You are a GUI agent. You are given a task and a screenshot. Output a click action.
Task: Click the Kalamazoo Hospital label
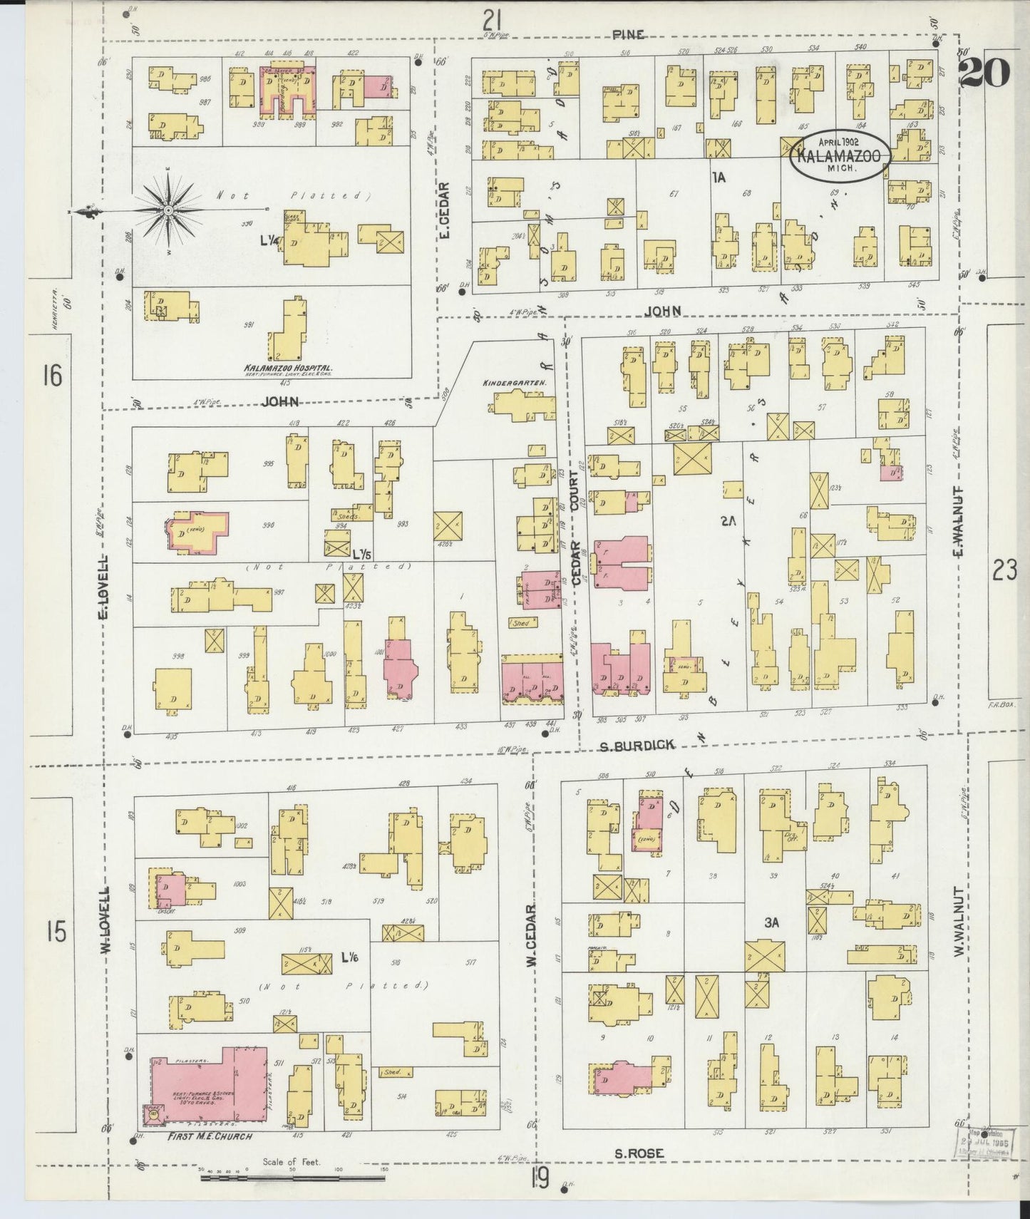tap(289, 369)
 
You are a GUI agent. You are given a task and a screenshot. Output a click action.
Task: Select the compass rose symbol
tap(168, 210)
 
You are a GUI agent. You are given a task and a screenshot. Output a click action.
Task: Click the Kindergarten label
tap(514, 383)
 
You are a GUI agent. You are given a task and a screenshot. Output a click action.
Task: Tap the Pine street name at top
tap(627, 34)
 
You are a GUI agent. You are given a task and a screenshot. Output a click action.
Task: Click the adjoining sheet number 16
tap(52, 376)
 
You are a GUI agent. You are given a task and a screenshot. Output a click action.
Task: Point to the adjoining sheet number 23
tap(1003, 570)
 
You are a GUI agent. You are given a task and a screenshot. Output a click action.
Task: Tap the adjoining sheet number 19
tap(540, 1180)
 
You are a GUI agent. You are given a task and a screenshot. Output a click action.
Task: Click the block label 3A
tap(771, 922)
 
